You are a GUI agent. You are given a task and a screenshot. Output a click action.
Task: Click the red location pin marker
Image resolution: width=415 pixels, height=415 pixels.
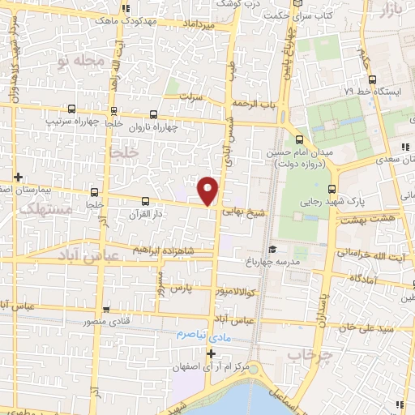208,190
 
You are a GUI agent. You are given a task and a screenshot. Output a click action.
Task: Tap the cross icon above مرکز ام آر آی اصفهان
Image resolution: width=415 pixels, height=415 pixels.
211,353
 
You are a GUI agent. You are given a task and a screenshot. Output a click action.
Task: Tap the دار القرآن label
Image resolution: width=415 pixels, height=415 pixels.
147,215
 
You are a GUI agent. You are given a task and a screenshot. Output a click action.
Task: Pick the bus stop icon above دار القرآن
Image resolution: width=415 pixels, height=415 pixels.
146,200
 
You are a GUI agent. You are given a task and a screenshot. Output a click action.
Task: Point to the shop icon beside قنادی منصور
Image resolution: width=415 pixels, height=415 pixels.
106,309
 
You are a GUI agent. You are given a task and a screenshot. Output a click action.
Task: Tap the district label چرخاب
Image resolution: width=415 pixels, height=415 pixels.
306,355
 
